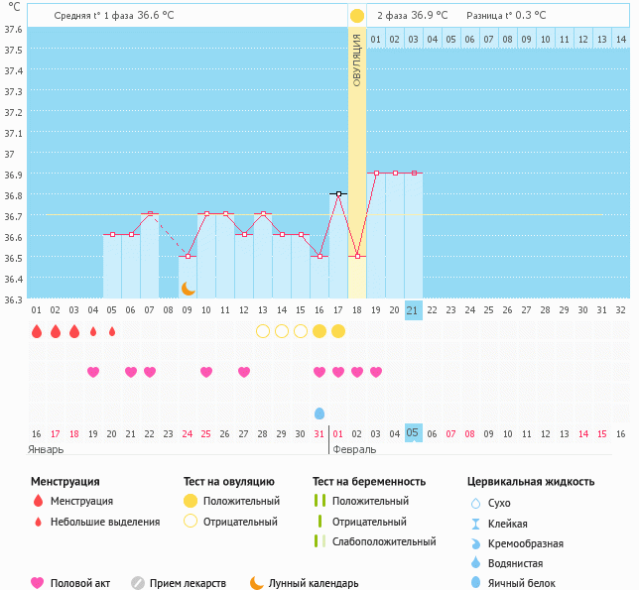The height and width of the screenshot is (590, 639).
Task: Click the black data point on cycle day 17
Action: pyautogui.click(x=338, y=193)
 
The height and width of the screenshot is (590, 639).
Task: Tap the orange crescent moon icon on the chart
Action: pyautogui.click(x=188, y=289)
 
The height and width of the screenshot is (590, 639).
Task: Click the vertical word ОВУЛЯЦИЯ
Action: pyautogui.click(x=356, y=60)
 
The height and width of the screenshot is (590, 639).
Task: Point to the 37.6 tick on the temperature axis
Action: pyautogui.click(x=13, y=30)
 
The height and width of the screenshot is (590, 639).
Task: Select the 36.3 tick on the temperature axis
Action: pyautogui.click(x=13, y=300)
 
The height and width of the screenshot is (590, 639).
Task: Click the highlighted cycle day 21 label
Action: pyautogui.click(x=413, y=310)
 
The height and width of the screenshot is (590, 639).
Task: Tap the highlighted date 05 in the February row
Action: pyautogui.click(x=413, y=432)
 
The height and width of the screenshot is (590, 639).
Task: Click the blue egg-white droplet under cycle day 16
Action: pyautogui.click(x=319, y=413)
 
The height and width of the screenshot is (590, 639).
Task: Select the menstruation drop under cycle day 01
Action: pyautogui.click(x=37, y=331)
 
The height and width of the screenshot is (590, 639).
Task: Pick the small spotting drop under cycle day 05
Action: pyautogui.click(x=112, y=331)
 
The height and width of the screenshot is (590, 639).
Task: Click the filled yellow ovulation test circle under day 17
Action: pyautogui.click(x=338, y=331)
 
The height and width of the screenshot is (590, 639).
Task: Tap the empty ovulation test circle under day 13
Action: pyautogui.click(x=263, y=331)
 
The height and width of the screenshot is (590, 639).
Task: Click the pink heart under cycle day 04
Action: pyautogui.click(x=93, y=372)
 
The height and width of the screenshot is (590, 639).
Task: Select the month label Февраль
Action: pyautogui.click(x=354, y=449)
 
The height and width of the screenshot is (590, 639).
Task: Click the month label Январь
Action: pyautogui.click(x=46, y=449)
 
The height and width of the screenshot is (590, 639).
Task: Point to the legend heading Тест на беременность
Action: pyautogui.click(x=369, y=481)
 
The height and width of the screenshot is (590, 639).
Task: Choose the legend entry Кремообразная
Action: pyautogui.click(x=526, y=543)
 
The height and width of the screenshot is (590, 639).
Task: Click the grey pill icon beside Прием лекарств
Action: pyautogui.click(x=138, y=583)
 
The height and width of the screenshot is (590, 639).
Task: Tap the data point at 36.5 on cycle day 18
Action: pyautogui.click(x=357, y=256)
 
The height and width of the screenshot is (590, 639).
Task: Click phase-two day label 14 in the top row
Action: pyautogui.click(x=621, y=40)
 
